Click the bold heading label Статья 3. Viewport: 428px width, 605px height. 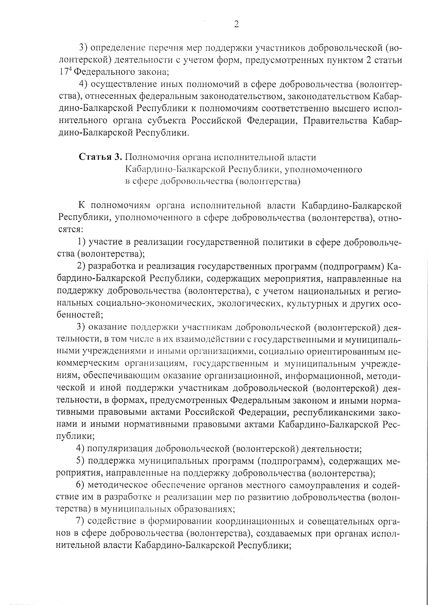click(x=101, y=157)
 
